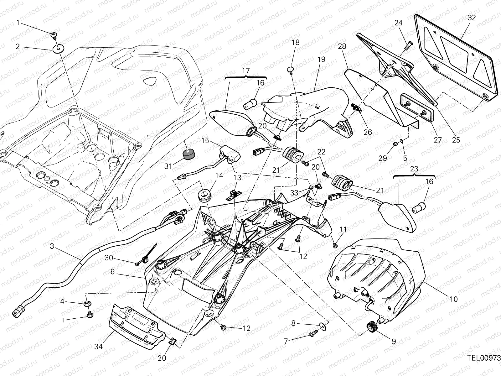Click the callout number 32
472,18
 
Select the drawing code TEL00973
484,358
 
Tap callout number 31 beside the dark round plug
168,166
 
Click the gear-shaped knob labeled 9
371,327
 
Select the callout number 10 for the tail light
454,299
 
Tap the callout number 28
342,47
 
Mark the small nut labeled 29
396,144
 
